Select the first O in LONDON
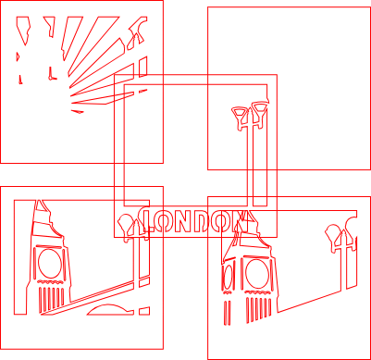point(165,221)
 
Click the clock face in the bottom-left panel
point(50,263)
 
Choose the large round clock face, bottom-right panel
point(257,274)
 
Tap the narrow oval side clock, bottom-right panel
point(229,275)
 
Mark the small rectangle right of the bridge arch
point(144,311)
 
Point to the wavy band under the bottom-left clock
point(50,282)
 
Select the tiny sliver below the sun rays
point(78,111)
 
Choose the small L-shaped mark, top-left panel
point(52,74)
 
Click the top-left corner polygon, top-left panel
point(23,31)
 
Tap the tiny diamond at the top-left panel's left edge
point(18,56)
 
